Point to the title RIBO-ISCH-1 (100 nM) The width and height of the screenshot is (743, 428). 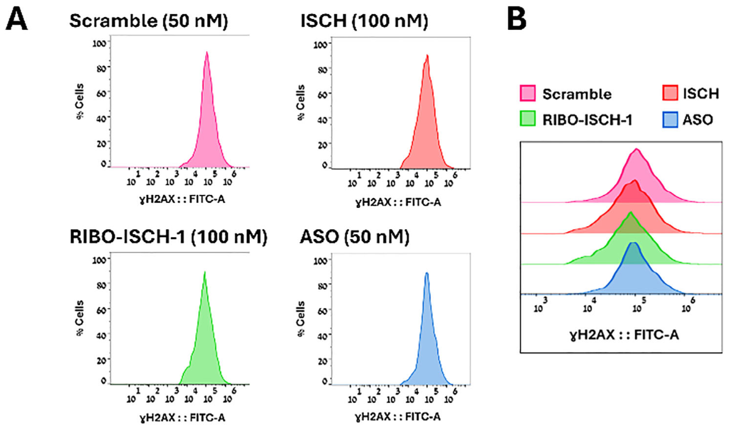coord(168,237)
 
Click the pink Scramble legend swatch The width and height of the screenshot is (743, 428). coord(527,94)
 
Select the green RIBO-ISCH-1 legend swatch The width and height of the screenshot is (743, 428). coord(527,119)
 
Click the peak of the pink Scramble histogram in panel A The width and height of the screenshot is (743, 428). coord(207,53)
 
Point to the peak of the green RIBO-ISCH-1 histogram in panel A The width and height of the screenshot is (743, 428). coord(205,272)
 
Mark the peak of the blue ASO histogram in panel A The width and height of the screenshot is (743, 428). coord(426,273)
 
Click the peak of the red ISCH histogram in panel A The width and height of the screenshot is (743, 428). coord(427,56)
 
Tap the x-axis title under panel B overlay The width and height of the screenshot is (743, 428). coord(620,334)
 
